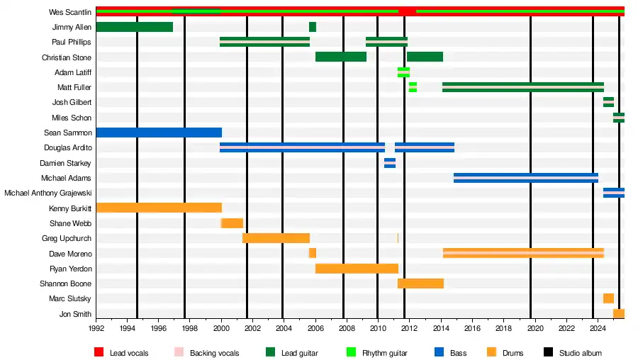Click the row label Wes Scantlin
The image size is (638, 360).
pos(70,12)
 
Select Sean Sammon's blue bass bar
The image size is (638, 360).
pos(159,133)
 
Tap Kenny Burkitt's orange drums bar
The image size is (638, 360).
pos(159,208)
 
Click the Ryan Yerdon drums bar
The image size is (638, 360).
pos(357,269)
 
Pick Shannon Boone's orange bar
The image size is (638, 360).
pos(420,283)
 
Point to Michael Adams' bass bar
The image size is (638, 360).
pos(525,178)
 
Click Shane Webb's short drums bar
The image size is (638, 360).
pos(233,223)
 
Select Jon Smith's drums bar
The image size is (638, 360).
pos(618,313)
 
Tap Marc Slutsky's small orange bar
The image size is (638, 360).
pos(608,298)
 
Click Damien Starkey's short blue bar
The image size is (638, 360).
pos(390,163)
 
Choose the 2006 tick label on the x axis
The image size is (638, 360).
pos(315,328)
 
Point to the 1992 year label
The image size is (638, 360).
pos(96,328)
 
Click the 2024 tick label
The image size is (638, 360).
pos(597,328)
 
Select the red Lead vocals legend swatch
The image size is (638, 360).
pos(99,352)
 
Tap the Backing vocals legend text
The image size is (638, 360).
pos(214,353)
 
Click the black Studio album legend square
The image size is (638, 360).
pos(549,352)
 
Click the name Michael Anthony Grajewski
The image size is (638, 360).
pos(47,193)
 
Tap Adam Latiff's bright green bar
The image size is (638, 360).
pos(403,72)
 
